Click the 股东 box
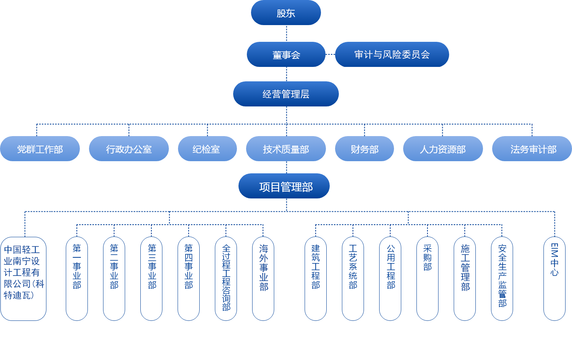(286, 13)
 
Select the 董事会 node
(286, 54)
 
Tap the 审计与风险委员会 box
(392, 54)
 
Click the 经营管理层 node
(286, 94)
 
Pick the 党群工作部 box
(40, 149)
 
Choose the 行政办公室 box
(129, 149)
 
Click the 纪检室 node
(207, 149)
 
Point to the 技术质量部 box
(286, 149)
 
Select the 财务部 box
(364, 149)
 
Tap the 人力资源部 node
(443, 149)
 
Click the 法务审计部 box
(532, 149)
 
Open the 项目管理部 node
(284, 186)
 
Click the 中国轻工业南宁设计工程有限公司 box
(24, 279)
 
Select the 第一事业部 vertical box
(77, 279)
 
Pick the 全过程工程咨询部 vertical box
(226, 279)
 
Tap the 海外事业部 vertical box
(263, 279)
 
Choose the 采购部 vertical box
(427, 279)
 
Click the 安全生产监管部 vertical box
(502, 279)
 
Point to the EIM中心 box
(555, 279)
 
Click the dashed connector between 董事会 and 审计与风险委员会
(330, 54)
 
